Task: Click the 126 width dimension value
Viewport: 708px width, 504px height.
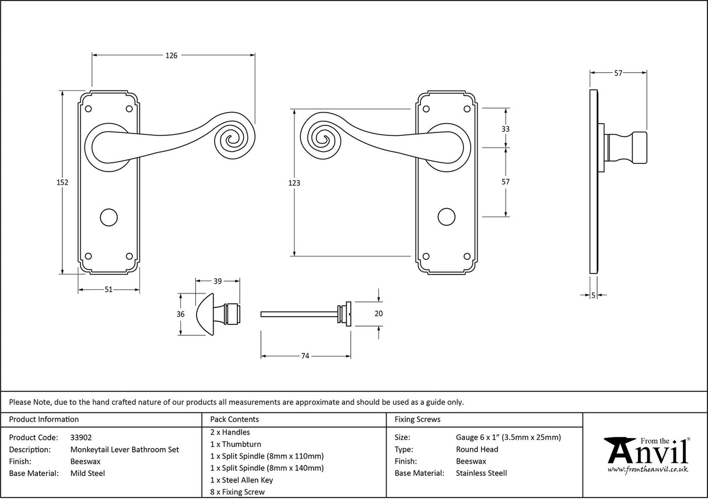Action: pos(171,55)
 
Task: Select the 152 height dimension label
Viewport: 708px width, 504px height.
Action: pos(63,183)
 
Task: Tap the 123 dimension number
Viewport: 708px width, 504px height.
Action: pos(295,183)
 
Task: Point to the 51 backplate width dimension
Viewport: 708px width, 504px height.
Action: pos(108,290)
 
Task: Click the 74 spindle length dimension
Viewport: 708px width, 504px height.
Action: pos(304,356)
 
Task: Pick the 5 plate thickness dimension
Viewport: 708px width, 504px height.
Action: pos(593,296)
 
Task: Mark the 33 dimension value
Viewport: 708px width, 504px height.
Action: pos(505,129)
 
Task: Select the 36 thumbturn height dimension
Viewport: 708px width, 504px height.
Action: pos(180,314)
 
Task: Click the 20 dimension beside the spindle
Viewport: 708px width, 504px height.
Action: pos(378,314)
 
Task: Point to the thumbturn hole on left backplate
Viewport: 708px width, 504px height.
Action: pos(108,217)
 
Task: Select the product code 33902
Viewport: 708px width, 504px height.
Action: pos(80,437)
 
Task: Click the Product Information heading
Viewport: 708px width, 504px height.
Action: pos(44,419)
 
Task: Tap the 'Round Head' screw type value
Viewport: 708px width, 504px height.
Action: pos(477,449)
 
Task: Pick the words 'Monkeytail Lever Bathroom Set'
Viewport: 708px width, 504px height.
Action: pos(125,449)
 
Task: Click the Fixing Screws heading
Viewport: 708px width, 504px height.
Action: pos(418,419)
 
